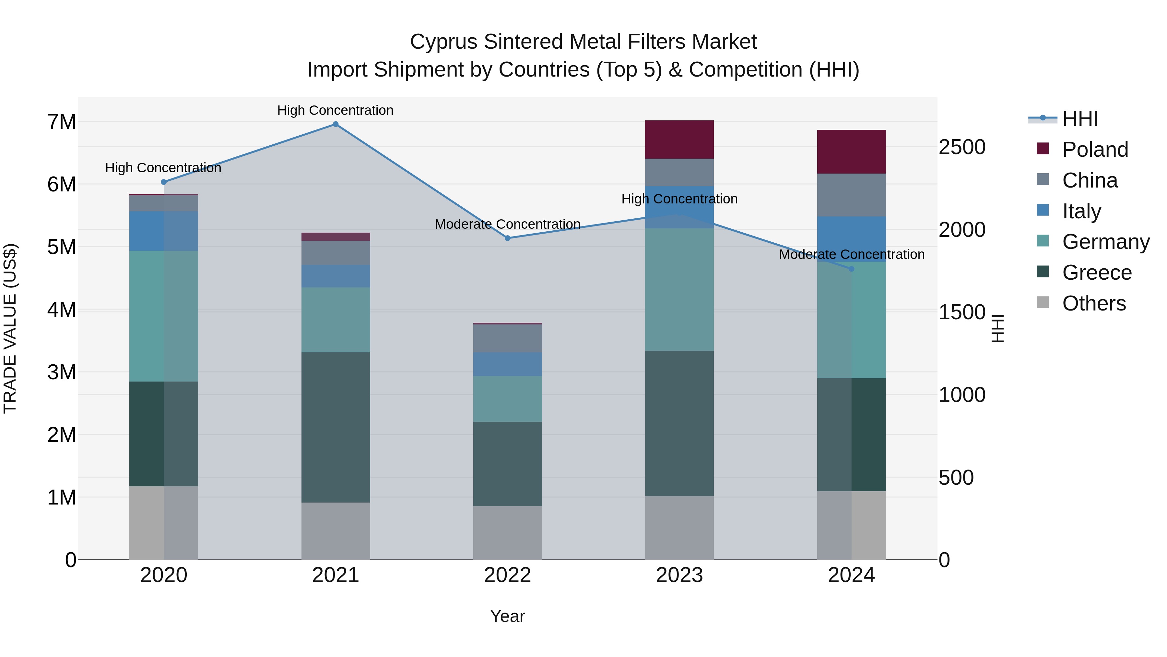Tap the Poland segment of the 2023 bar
click(x=679, y=140)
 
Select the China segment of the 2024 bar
click(x=851, y=195)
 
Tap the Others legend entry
click(x=1094, y=303)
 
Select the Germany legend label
click(x=1105, y=242)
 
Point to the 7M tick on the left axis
click(x=62, y=122)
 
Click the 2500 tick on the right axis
click(x=962, y=147)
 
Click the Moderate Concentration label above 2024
click(x=851, y=254)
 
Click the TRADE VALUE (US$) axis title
click(x=10, y=328)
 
